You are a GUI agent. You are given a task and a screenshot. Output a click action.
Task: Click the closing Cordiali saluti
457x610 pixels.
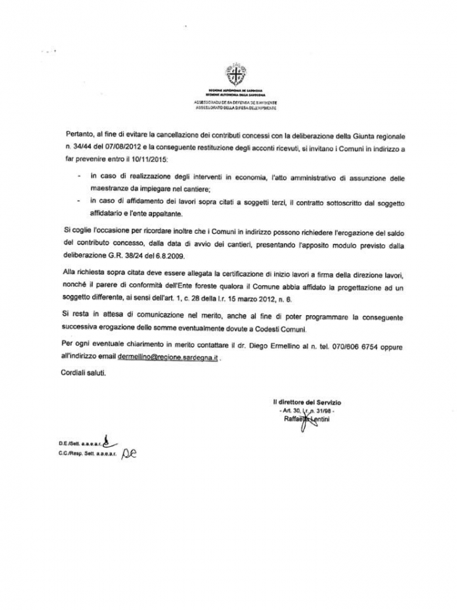pos(87,373)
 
